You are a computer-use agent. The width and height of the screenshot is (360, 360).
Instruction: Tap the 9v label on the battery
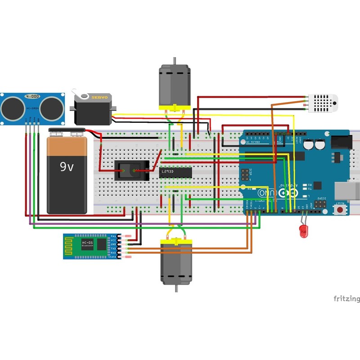(67, 167)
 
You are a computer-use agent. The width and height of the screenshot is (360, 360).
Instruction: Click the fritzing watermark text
(346, 299)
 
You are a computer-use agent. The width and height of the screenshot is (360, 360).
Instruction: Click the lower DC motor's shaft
(176, 289)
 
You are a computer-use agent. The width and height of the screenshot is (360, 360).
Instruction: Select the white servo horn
(82, 95)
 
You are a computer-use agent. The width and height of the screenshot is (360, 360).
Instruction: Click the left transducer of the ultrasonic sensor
(13, 108)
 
